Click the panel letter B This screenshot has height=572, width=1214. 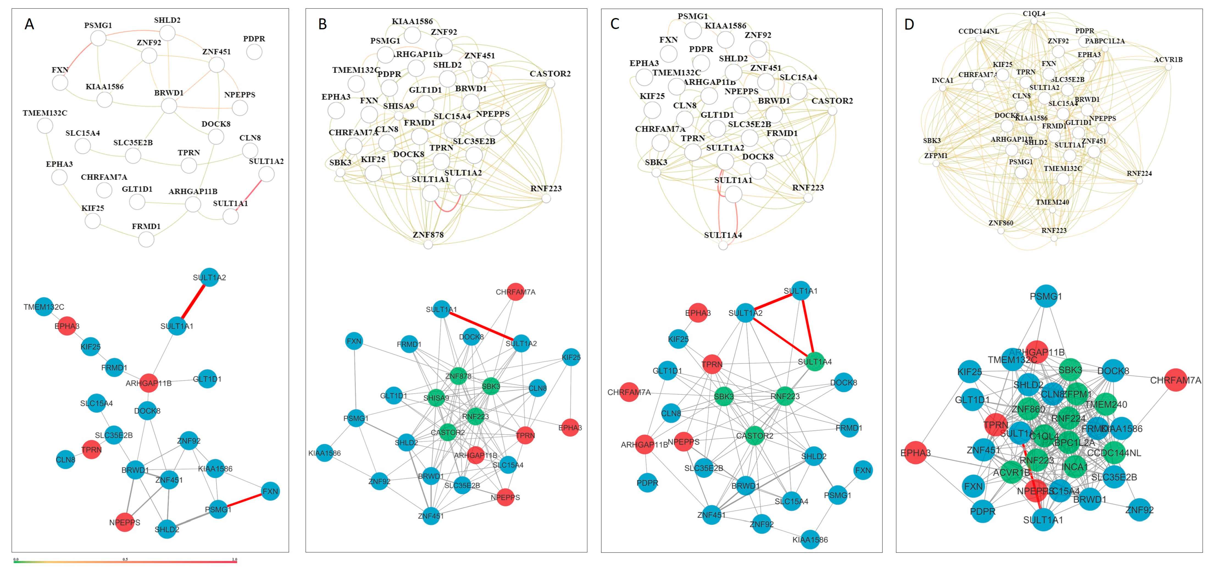click(x=323, y=24)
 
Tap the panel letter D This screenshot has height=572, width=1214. click(x=909, y=24)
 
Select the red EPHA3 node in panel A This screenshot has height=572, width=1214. click(x=67, y=326)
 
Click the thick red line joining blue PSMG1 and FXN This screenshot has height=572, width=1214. click(x=244, y=500)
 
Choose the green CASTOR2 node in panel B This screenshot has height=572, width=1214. click(x=448, y=432)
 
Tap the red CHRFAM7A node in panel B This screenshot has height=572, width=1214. click(x=516, y=292)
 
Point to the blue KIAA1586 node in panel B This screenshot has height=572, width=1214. click(x=324, y=453)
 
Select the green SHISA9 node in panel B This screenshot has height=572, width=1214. click(x=436, y=398)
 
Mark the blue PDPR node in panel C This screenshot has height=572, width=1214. click(x=647, y=483)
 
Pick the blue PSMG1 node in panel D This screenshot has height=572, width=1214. click(x=1046, y=296)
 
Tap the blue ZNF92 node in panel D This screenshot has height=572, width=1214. click(x=1140, y=510)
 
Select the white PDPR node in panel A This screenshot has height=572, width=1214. click(x=254, y=52)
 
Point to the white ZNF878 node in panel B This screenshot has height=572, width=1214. click(x=428, y=244)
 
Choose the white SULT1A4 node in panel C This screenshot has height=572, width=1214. click(x=723, y=245)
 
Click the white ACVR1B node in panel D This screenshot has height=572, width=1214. click(x=1168, y=67)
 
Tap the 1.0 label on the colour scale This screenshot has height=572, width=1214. click(x=234, y=559)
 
